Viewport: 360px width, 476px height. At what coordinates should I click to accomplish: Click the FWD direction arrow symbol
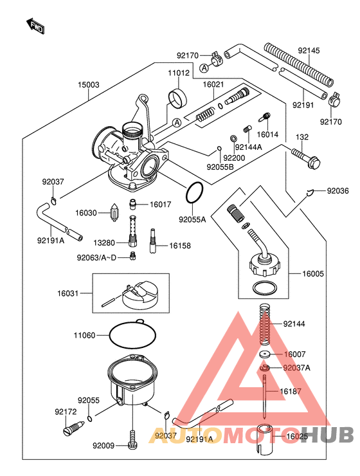(36, 26)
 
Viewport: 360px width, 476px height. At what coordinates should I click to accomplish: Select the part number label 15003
(89, 84)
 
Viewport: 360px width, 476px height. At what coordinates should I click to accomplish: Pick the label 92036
(339, 190)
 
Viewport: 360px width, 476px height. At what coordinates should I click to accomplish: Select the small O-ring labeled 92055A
(195, 192)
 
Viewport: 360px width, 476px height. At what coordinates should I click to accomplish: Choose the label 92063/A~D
(96, 258)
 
